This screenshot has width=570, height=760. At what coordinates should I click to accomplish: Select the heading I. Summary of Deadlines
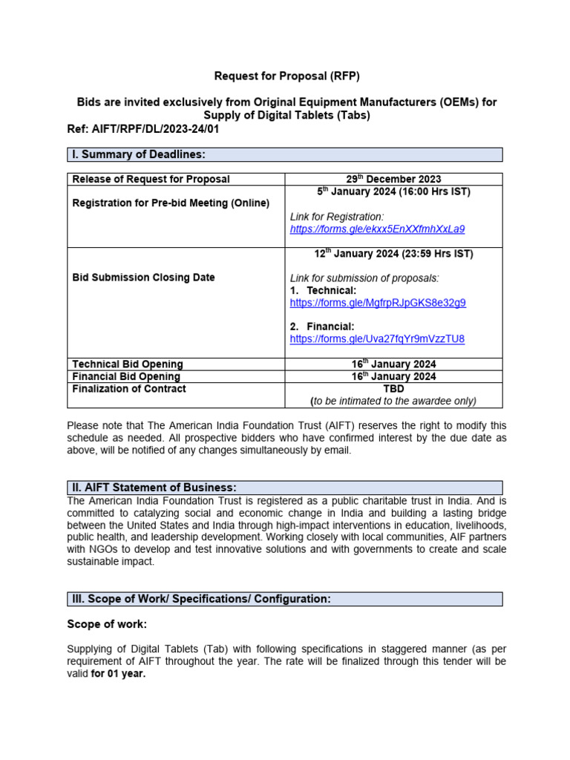coord(138,154)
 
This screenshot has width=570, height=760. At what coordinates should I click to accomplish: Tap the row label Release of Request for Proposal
coord(151,179)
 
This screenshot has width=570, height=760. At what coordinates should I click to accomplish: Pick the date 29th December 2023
coord(393,179)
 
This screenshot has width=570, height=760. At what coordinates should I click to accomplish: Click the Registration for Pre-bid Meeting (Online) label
coord(171,203)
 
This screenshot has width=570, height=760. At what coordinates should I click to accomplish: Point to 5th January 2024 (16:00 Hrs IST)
coord(393,191)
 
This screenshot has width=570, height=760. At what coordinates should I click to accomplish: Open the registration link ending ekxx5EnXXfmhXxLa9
coord(377,229)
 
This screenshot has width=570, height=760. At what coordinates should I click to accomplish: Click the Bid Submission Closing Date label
coord(143,278)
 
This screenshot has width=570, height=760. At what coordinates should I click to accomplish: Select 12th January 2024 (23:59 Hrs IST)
coord(393,254)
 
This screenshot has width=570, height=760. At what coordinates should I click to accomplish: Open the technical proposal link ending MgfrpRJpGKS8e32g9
coord(378,303)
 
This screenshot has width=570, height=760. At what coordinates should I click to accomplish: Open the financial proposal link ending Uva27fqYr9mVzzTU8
coord(377,339)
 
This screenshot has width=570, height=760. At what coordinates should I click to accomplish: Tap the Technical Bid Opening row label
coord(127,364)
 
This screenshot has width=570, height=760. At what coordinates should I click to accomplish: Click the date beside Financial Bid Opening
coord(393,376)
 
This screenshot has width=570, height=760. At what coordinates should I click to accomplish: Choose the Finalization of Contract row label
coord(129,389)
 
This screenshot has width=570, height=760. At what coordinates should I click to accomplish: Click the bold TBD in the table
coord(393,389)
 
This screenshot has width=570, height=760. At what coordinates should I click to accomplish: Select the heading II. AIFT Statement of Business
coord(154,488)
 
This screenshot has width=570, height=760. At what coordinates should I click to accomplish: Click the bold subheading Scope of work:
coord(107,624)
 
